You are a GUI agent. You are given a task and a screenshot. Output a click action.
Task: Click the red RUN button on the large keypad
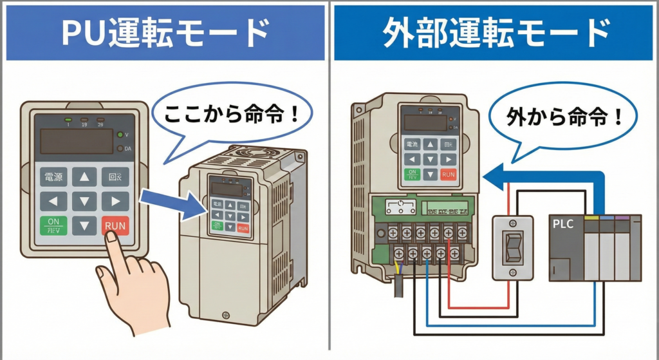115,225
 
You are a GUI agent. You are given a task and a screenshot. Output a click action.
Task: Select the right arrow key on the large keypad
115,201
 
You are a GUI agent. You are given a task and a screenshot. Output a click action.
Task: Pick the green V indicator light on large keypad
120,135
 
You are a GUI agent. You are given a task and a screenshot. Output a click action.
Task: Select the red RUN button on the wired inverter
448,174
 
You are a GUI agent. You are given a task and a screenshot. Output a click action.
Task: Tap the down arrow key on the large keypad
84,225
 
